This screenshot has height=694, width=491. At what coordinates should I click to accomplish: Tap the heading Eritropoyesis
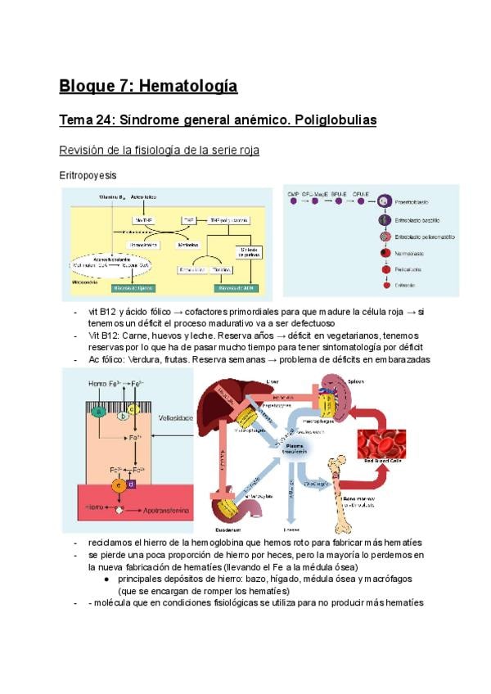coord(88,175)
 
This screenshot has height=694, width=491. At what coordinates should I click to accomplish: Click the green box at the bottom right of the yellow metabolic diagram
coord(237,287)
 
